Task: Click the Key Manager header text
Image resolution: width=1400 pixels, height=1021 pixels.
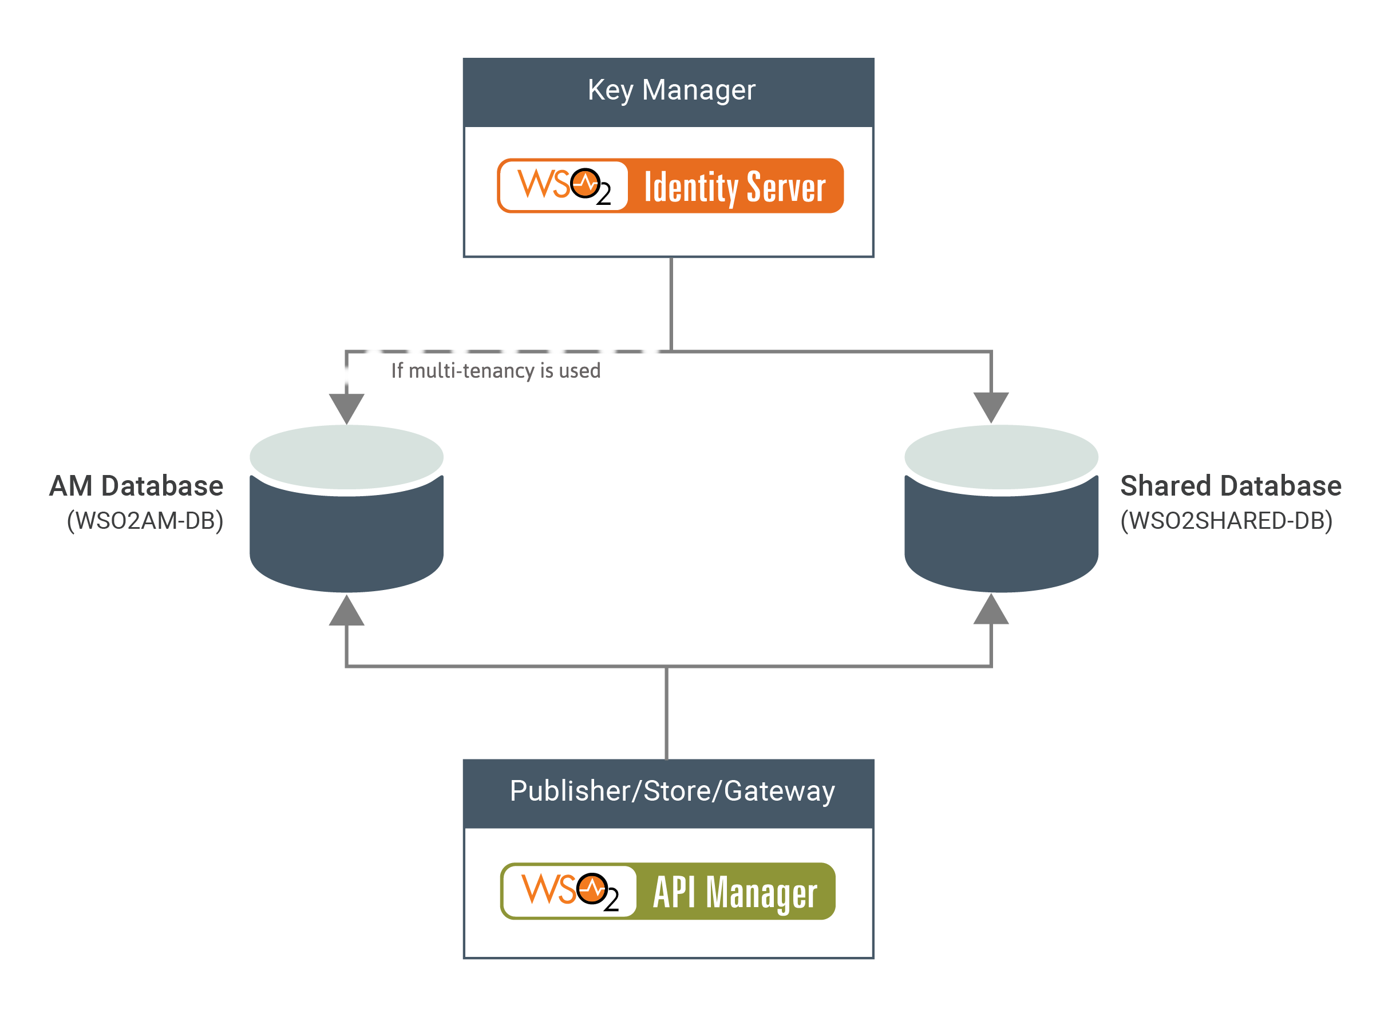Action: (671, 90)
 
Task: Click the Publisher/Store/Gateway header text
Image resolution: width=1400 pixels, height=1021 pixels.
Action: (672, 791)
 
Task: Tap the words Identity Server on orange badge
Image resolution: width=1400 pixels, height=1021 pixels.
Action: (734, 187)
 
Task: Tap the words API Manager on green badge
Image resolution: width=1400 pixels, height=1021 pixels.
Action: (735, 892)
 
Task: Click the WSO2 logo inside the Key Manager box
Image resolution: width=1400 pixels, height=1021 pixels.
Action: (564, 185)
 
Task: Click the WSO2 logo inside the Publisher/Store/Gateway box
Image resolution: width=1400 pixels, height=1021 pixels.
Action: (570, 891)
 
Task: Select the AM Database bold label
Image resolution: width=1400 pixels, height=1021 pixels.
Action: (136, 486)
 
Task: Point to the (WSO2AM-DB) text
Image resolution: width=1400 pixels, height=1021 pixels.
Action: (145, 520)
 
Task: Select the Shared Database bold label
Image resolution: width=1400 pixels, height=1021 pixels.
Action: (1231, 486)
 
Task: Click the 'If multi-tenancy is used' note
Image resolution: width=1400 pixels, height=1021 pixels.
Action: (496, 371)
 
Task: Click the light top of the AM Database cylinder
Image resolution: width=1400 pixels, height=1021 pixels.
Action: (346, 456)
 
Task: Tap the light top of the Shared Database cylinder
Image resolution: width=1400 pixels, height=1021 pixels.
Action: (1000, 456)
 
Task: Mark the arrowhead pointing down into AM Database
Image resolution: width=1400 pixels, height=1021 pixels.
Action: (346, 407)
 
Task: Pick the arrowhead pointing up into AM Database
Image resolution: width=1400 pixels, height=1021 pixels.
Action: (346, 612)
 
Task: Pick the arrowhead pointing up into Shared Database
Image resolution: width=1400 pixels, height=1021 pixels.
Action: (991, 611)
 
